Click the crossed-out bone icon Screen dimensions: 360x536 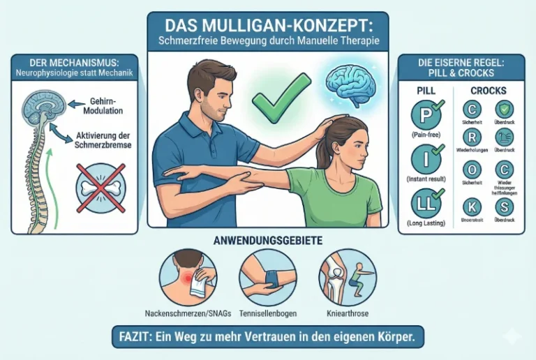100,187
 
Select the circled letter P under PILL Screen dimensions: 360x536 426,114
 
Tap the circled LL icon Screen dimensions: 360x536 426,203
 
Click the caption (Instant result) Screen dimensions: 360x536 426,179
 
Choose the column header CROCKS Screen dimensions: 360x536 488,91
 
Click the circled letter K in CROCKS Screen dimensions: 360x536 472,206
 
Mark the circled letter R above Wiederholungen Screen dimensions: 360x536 472,137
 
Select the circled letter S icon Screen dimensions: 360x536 504,207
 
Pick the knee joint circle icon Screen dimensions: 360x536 343,277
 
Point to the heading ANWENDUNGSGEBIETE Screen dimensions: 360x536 268,241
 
